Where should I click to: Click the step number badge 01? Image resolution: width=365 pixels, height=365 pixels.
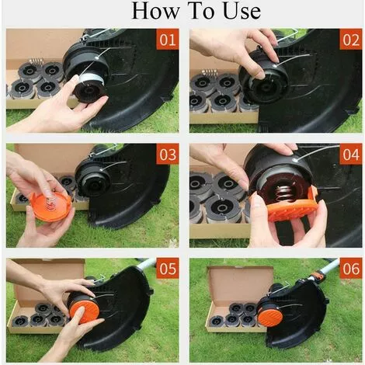pos(167,40)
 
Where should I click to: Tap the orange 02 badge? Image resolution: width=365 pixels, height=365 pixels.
pos(350,40)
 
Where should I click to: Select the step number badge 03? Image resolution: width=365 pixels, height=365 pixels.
pos(167,154)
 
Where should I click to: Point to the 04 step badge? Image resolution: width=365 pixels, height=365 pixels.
pos(350,154)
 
